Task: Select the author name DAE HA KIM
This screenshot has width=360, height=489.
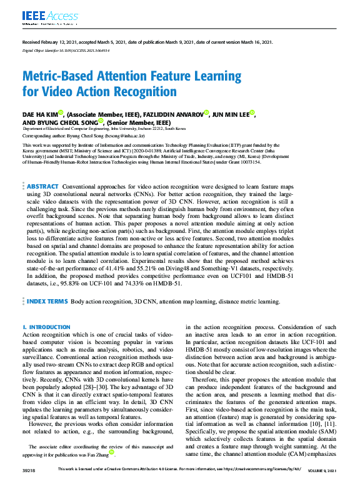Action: coord(39,114)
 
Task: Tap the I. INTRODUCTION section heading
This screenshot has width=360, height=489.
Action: coord(46,327)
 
